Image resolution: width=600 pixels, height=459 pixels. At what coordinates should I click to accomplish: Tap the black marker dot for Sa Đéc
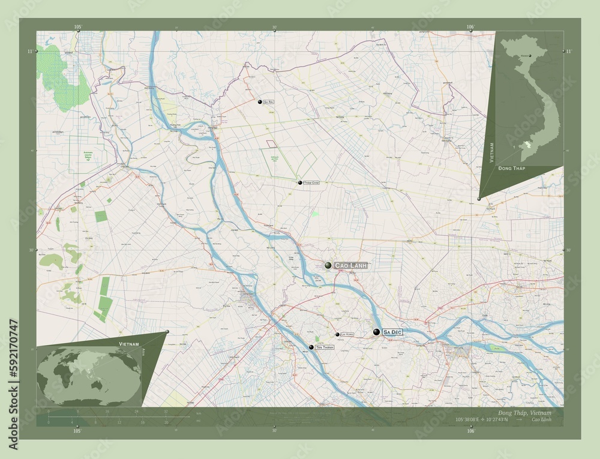376,332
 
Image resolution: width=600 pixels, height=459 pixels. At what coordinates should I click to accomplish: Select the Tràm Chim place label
311,182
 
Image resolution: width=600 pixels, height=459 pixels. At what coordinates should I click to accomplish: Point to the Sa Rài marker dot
260,103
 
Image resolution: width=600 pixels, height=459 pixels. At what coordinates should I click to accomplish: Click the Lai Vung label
347,334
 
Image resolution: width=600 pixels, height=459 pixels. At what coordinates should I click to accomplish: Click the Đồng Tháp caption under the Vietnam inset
511,169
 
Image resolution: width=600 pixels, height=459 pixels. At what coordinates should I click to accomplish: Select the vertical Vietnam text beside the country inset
491,154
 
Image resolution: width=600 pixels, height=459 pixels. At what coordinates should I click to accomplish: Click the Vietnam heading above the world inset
129,343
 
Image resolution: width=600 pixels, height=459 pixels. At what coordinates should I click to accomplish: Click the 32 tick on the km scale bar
165,412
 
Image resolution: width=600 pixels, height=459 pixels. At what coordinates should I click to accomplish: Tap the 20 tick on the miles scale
166,422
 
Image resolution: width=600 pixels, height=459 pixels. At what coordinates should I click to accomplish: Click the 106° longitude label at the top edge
470,27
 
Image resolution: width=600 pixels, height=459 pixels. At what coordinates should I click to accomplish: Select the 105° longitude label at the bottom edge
77,431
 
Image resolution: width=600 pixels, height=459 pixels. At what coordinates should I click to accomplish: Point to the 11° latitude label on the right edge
568,52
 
